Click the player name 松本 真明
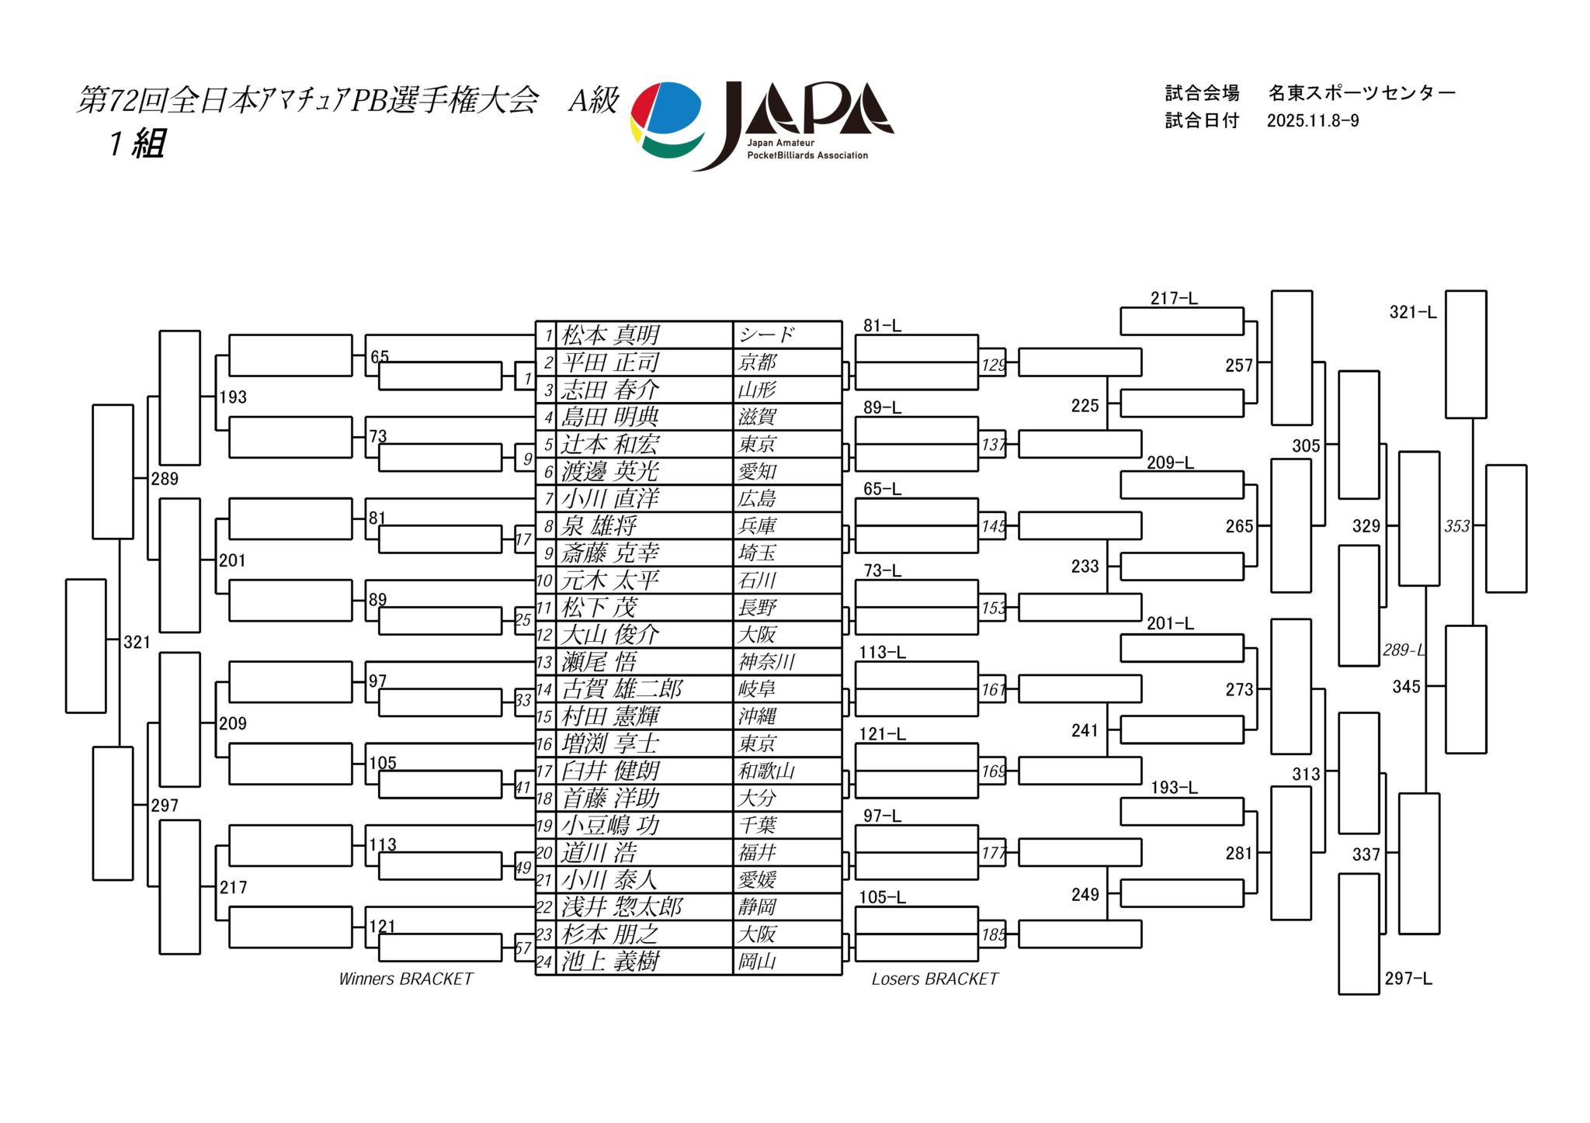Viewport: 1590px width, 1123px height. click(x=610, y=335)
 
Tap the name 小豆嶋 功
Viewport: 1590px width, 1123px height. click(x=610, y=825)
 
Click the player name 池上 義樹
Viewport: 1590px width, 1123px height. click(x=610, y=962)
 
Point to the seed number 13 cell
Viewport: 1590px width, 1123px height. click(x=545, y=662)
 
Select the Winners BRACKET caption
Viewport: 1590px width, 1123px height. click(x=406, y=979)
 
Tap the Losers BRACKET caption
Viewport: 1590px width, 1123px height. click(x=935, y=979)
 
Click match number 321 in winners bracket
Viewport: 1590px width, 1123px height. click(x=137, y=642)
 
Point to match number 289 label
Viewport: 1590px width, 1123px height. click(x=165, y=479)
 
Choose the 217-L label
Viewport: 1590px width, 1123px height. click(x=1174, y=298)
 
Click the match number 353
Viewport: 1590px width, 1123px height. click(x=1457, y=526)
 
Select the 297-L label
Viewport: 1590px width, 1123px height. click(x=1408, y=979)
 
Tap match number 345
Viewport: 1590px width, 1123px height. click(x=1406, y=687)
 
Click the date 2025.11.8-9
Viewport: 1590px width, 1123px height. click(x=1313, y=121)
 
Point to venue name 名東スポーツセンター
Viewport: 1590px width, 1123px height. click(x=1362, y=93)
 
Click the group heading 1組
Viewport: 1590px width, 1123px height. click(x=137, y=144)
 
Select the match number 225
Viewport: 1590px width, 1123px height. click(x=1085, y=406)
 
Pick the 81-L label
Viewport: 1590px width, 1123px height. click(x=883, y=326)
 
